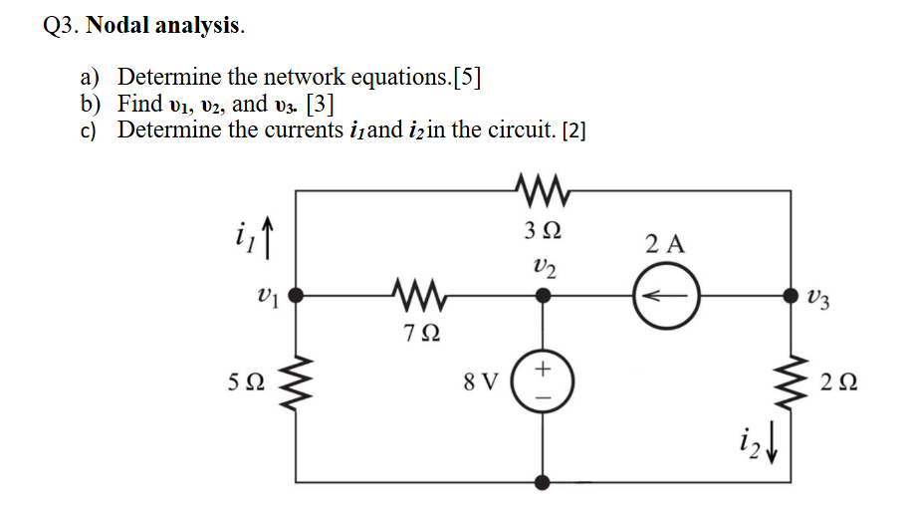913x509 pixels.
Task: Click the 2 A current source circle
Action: point(667,296)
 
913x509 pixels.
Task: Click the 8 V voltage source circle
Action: point(543,382)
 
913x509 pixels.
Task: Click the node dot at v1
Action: point(295,296)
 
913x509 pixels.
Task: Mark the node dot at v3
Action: point(791,296)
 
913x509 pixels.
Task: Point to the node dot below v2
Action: point(543,296)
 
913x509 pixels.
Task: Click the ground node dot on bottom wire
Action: point(543,482)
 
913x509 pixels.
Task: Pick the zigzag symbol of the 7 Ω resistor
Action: point(417,296)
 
